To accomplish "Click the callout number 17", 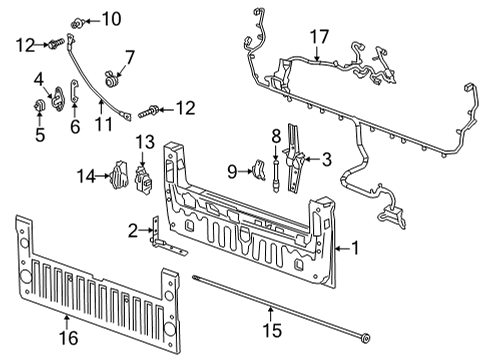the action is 320,37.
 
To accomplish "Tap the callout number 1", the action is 355,248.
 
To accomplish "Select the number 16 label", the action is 69,338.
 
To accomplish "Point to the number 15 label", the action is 272,330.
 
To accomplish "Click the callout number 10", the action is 111,19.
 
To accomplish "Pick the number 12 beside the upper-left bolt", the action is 26,46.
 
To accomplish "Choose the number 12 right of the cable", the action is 186,108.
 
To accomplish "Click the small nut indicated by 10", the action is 77,23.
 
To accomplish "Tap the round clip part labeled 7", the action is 111,80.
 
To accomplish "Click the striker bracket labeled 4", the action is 57,99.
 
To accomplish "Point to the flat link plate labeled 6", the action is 74,91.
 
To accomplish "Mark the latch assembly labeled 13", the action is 144,179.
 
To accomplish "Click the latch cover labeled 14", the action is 118,175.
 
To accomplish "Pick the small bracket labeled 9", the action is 259,170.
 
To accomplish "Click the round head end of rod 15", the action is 366,338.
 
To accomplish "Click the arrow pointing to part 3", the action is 311,159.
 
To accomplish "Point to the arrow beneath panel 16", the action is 67,322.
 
